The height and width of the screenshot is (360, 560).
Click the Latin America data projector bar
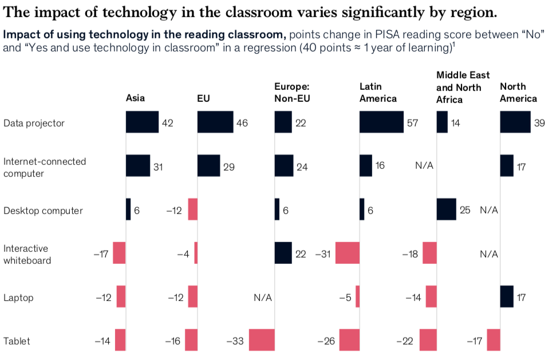pyautogui.click(x=381, y=122)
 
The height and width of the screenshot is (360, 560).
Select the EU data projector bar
pyautogui.click(x=215, y=122)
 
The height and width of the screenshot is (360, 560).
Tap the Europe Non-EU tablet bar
pyautogui.click(x=262, y=339)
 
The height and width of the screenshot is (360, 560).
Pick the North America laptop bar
pyautogui.click(x=507, y=296)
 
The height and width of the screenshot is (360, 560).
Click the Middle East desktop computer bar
pyautogui.click(x=446, y=209)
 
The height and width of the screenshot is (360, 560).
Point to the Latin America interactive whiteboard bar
pyautogui.click(x=348, y=252)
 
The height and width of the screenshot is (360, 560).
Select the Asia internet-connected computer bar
pyautogui.click(x=138, y=165)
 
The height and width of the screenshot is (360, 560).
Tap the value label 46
pyautogui.click(x=242, y=123)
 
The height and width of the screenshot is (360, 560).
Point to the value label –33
pyautogui.click(x=235, y=341)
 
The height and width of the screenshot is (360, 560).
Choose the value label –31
pyautogui.click(x=324, y=254)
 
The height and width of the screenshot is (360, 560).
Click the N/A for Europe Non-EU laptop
pyautogui.click(x=263, y=298)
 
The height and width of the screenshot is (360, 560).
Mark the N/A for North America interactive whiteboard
pyautogui.click(x=489, y=254)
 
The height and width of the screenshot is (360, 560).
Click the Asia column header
pyautogui.click(x=135, y=98)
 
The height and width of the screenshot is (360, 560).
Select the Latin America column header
pyautogui.click(x=378, y=92)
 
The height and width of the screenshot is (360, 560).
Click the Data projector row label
pyautogui.click(x=34, y=123)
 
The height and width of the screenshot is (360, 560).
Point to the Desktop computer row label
pyautogui.click(x=43, y=211)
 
